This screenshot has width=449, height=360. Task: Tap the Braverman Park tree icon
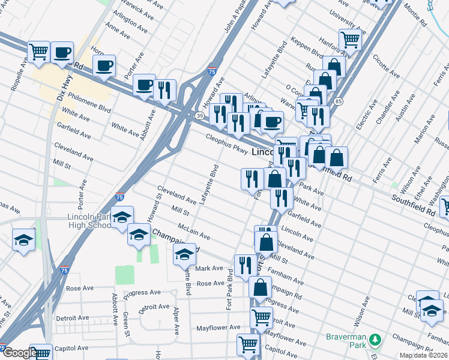click(x=375, y=340)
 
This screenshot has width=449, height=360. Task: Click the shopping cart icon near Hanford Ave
click(x=350, y=40)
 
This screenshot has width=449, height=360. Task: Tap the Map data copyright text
click(x=424, y=355)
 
